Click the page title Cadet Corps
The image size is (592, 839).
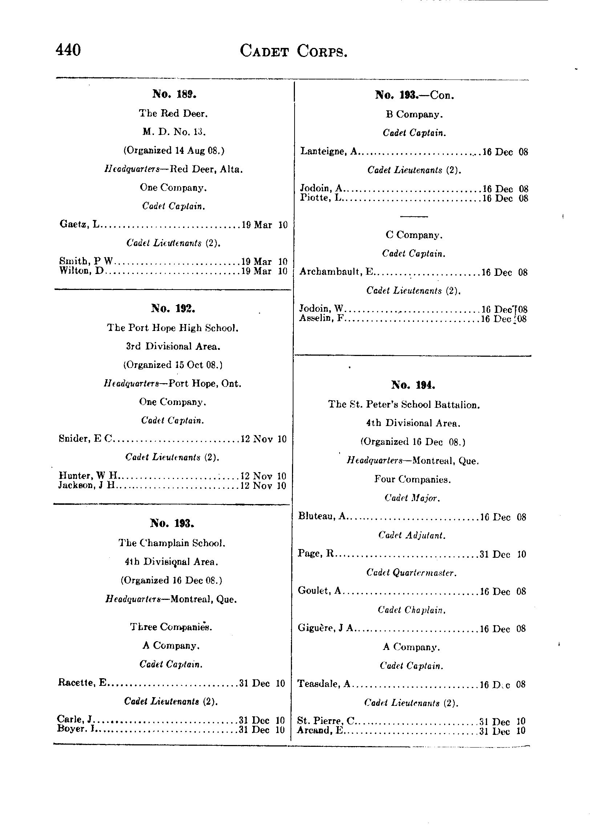click(293, 52)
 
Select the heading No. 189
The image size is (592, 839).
click(174, 94)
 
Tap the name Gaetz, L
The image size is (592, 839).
click(79, 224)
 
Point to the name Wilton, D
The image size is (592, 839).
click(82, 271)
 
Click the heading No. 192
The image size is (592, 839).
click(173, 308)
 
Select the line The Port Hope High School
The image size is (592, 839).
click(173, 327)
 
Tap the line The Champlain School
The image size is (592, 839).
click(172, 543)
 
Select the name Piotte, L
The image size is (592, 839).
click(320, 198)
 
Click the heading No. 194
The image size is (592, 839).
click(413, 385)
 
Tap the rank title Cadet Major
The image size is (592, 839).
click(412, 498)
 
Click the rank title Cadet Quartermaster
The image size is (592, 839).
click(411, 573)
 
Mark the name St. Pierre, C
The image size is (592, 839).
click(326, 721)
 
